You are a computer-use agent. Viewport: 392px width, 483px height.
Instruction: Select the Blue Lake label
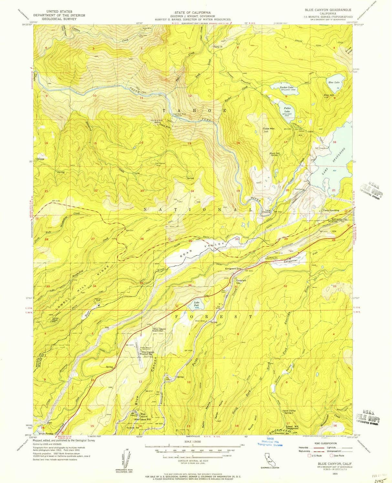click(x=334, y=83)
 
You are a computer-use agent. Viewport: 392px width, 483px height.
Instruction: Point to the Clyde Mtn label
click(x=268, y=129)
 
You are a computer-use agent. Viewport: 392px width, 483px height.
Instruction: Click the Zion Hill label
click(x=329, y=95)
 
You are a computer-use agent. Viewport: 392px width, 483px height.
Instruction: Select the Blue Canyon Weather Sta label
click(x=146, y=353)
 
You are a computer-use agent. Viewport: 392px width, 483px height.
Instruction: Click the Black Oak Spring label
click(x=274, y=154)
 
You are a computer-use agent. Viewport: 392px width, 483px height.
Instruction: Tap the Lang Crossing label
click(x=268, y=211)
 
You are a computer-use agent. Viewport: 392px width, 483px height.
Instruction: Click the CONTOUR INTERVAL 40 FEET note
click(x=193, y=461)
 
